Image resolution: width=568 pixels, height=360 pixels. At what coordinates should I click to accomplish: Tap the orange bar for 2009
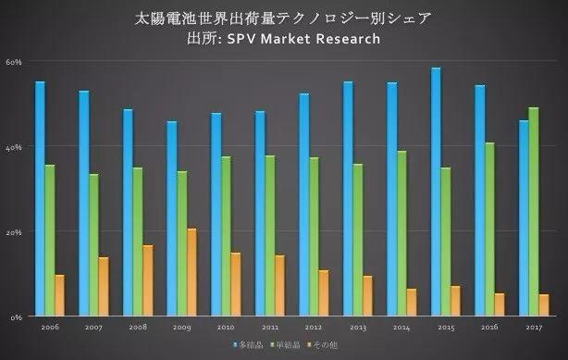pyautogui.click(x=191, y=272)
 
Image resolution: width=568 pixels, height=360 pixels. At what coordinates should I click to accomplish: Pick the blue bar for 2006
pyautogui.click(x=40, y=198)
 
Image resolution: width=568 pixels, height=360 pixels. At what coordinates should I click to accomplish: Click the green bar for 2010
pyautogui.click(x=226, y=236)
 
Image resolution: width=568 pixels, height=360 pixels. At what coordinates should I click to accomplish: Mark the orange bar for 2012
pyautogui.click(x=324, y=292)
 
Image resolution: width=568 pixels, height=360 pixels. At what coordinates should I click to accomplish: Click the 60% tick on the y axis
pyautogui.click(x=14, y=61)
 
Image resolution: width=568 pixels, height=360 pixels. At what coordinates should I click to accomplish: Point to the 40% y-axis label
pyautogui.click(x=14, y=146)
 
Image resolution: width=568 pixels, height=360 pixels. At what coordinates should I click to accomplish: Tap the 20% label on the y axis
pyautogui.click(x=14, y=231)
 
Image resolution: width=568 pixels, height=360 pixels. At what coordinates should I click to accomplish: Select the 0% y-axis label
pyautogui.click(x=16, y=317)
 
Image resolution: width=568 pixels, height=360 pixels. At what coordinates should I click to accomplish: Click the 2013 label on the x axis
pyautogui.click(x=357, y=328)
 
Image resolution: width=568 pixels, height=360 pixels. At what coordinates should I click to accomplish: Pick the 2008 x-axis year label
pyautogui.click(x=138, y=328)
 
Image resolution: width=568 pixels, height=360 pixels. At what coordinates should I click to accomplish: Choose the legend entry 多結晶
pyautogui.click(x=247, y=345)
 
